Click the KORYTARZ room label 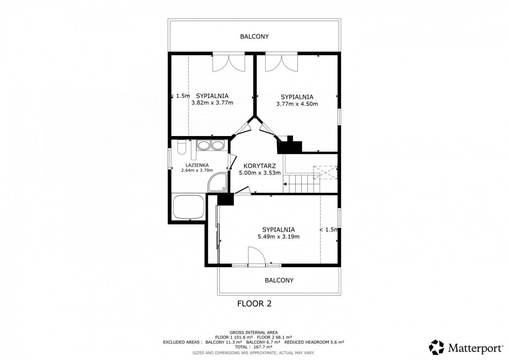point(260,165)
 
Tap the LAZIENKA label point(197,165)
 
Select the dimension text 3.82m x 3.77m point(212,103)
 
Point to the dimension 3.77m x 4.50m point(297,104)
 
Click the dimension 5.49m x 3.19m point(279,237)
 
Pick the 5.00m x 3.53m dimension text point(260,173)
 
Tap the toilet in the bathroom point(182,147)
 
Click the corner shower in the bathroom point(218,182)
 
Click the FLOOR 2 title point(254,304)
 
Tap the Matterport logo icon point(436,347)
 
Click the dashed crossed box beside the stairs point(325,173)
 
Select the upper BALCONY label point(254,36)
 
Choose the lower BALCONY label point(279,280)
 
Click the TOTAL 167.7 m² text point(254,347)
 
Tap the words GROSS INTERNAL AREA point(254,332)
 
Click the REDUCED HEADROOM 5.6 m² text point(314,342)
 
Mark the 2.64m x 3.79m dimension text point(197,170)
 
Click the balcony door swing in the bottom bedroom point(257,255)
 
